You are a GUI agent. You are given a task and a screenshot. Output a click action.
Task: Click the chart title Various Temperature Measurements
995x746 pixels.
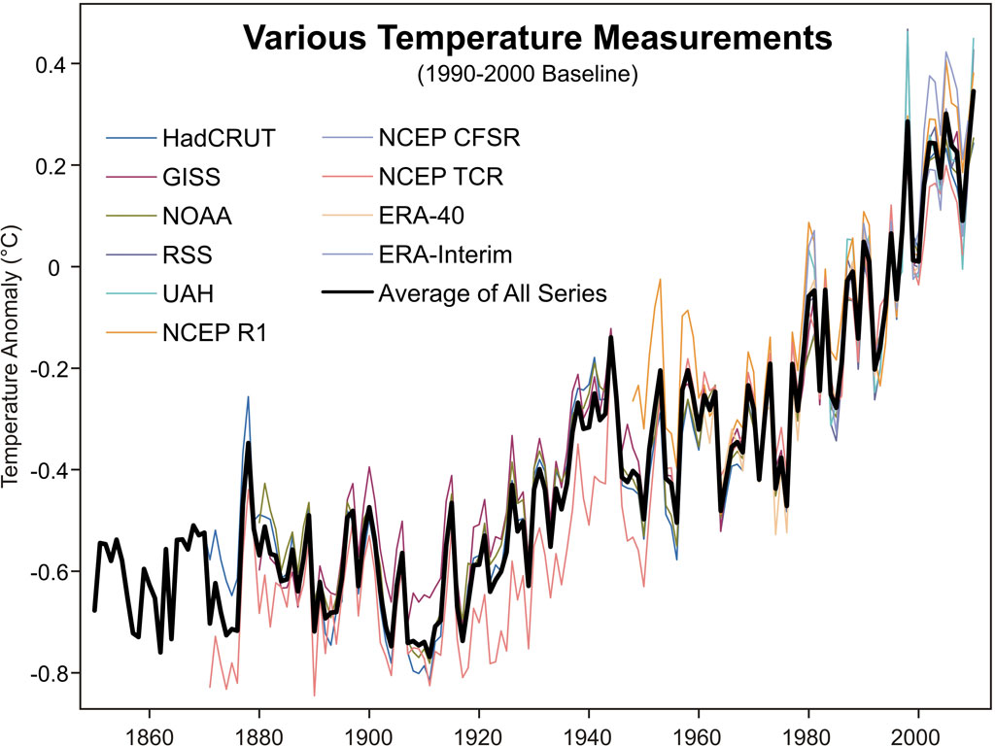537,39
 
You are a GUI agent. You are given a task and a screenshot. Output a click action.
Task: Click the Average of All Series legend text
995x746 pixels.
494,292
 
